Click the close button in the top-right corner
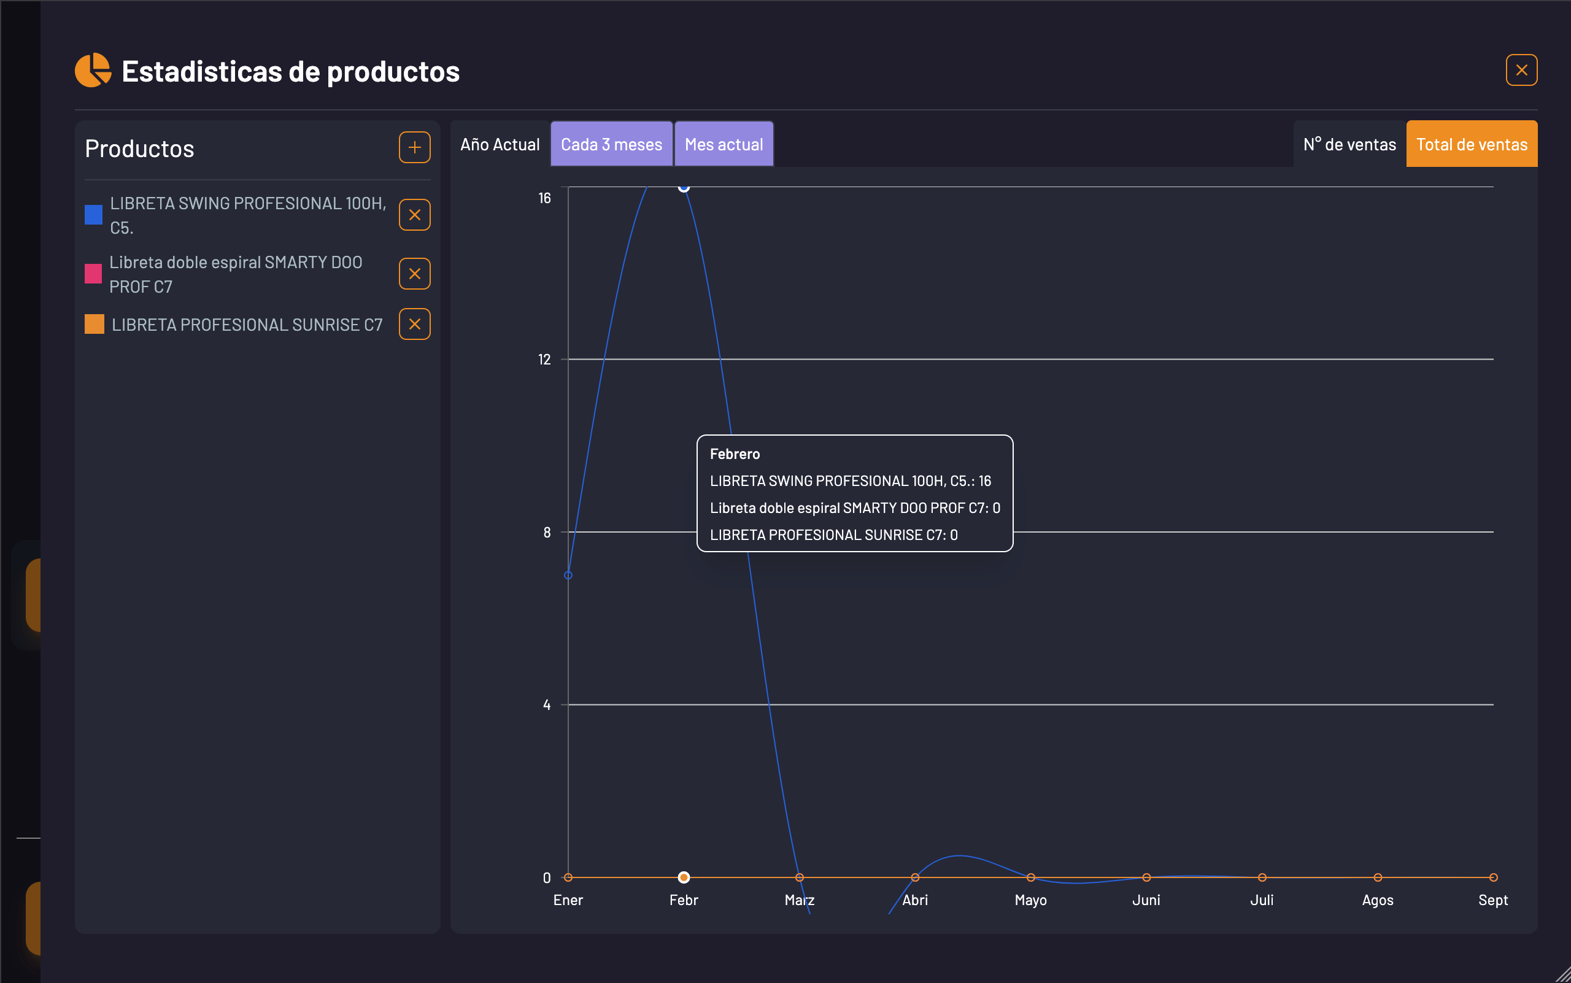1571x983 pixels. (1521, 70)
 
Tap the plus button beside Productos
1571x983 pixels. (414, 148)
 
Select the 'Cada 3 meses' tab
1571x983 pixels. (611, 144)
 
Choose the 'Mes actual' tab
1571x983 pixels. (724, 144)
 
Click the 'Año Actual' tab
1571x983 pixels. (500, 144)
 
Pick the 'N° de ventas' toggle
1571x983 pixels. (1349, 144)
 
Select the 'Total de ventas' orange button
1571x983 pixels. (1472, 144)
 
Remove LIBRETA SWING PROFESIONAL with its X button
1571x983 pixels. (414, 215)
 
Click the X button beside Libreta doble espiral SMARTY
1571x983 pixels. (414, 274)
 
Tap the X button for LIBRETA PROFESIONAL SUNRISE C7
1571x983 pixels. (414, 325)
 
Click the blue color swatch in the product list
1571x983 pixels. (94, 215)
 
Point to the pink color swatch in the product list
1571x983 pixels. (94, 274)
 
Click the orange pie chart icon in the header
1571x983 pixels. (92, 70)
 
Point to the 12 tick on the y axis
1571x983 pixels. (544, 360)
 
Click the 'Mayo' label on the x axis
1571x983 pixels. (1030, 900)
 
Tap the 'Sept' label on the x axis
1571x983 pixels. (1493, 900)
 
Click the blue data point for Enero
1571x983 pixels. (568, 576)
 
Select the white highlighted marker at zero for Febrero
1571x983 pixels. (684, 877)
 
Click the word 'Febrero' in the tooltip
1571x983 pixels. (735, 454)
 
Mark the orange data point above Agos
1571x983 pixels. (1378, 877)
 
